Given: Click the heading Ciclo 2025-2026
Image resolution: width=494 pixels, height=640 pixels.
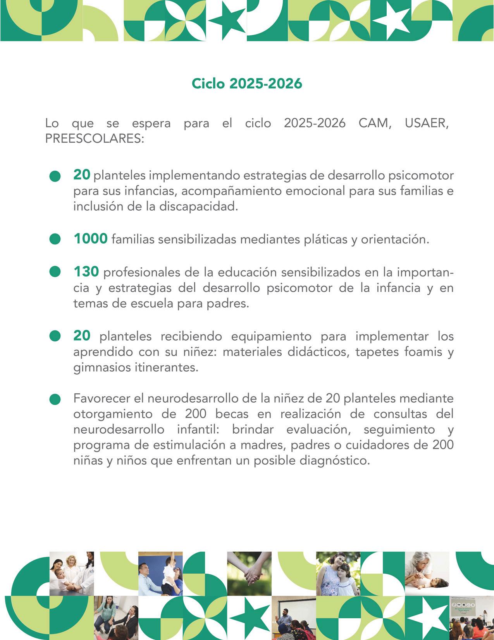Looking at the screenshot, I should (x=247, y=84).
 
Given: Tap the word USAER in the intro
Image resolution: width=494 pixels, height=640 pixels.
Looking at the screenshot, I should (x=427, y=123).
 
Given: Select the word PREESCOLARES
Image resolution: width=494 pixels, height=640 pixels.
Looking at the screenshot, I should (x=95, y=139).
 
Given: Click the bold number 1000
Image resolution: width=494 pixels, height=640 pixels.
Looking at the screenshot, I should (x=91, y=239).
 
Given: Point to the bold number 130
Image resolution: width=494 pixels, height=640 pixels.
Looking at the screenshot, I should (x=86, y=272).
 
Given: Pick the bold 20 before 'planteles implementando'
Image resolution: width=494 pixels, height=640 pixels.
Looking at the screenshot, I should (x=82, y=175).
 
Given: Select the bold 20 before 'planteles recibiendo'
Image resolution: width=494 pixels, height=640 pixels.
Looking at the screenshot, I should (x=82, y=336).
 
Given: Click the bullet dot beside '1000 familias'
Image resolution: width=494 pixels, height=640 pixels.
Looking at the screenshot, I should (x=55, y=239).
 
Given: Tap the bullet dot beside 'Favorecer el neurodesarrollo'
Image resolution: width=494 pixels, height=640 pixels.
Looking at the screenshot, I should (x=55, y=399).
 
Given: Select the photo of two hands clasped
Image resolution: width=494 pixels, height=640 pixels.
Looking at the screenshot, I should (x=250, y=573).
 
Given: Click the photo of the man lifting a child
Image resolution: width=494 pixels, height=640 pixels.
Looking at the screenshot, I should (x=160, y=573).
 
